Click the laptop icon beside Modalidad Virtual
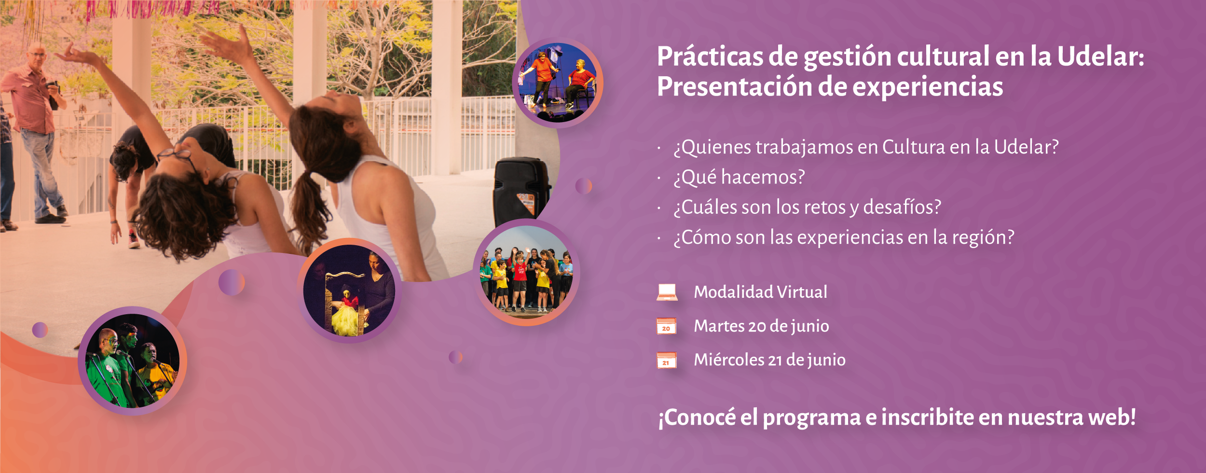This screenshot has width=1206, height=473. (667, 292)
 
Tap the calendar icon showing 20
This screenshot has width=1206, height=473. (666, 326)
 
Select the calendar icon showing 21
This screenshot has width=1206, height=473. (666, 361)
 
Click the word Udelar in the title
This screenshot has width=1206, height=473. (1100, 56)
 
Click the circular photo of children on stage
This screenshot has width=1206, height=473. (527, 273)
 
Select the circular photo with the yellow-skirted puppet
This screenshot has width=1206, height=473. (349, 291)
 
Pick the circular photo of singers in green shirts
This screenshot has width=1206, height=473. (133, 361)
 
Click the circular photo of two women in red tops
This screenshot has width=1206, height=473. (558, 83)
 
